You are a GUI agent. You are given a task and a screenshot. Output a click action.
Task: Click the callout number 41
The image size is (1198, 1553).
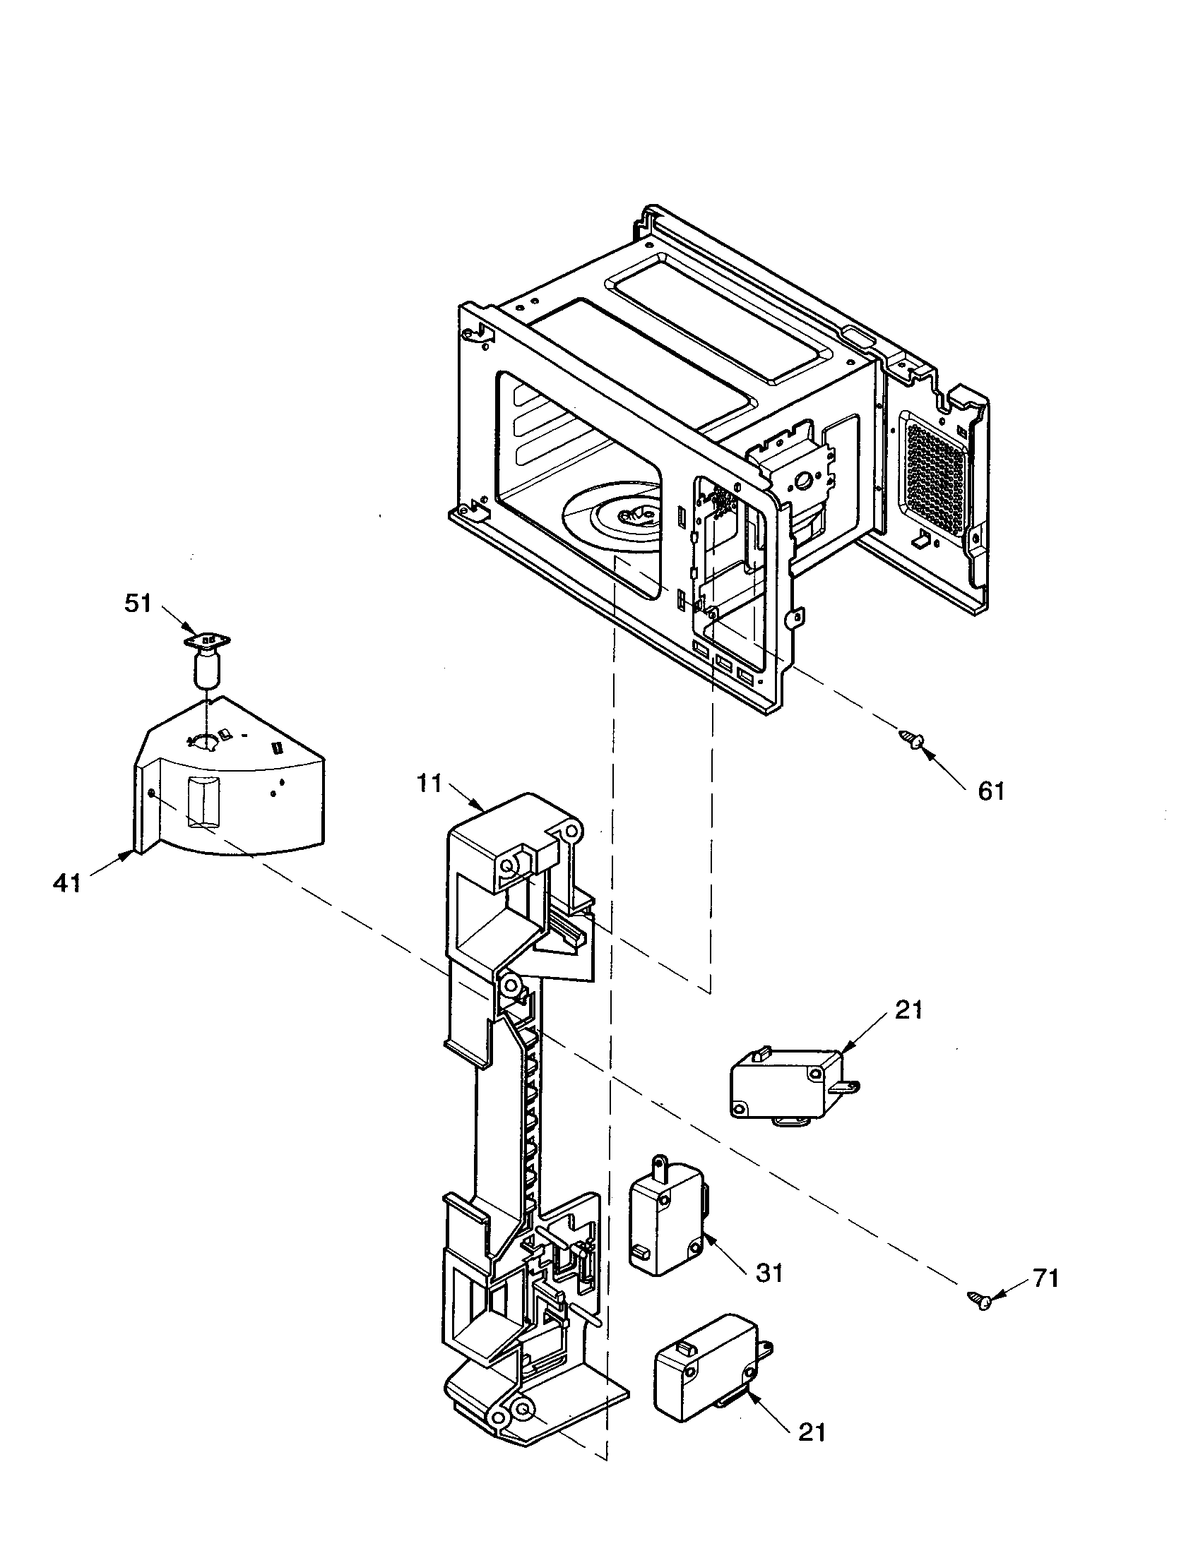68,884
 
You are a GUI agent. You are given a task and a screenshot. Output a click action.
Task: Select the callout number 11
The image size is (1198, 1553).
429,784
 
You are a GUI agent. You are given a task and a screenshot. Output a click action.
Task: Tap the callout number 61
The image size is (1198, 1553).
991,790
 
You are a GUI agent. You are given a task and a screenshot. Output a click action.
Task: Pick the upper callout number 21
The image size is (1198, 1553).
908,1009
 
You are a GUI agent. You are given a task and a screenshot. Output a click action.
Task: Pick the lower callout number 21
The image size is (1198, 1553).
812,1432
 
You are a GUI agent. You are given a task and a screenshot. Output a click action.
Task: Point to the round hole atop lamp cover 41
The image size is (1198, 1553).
206,743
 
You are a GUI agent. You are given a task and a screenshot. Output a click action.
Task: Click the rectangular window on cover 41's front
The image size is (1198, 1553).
203,802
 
